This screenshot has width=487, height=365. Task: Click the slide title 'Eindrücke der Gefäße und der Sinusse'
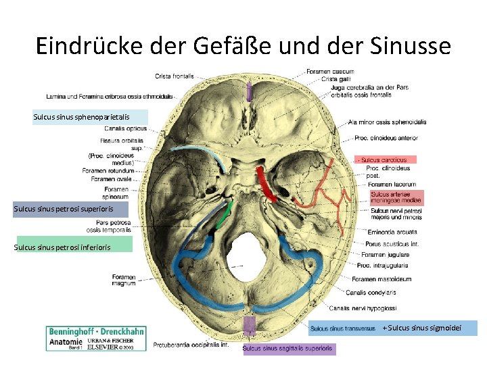(x=243, y=45)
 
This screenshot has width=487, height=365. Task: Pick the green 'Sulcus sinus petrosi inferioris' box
(x=73, y=247)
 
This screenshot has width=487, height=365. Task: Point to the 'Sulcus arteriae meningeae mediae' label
(x=396, y=197)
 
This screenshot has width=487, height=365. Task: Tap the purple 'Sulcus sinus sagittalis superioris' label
(x=287, y=349)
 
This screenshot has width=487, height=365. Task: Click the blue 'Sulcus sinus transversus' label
(x=343, y=329)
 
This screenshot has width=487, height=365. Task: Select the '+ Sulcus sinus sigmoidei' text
(x=427, y=328)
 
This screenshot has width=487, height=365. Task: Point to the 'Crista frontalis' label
(x=175, y=76)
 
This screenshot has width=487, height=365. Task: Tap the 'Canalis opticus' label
(x=125, y=128)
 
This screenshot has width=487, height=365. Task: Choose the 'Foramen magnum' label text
(x=124, y=280)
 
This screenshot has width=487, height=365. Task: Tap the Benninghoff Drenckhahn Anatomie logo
(x=95, y=338)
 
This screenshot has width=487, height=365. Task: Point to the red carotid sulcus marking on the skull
(x=266, y=184)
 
